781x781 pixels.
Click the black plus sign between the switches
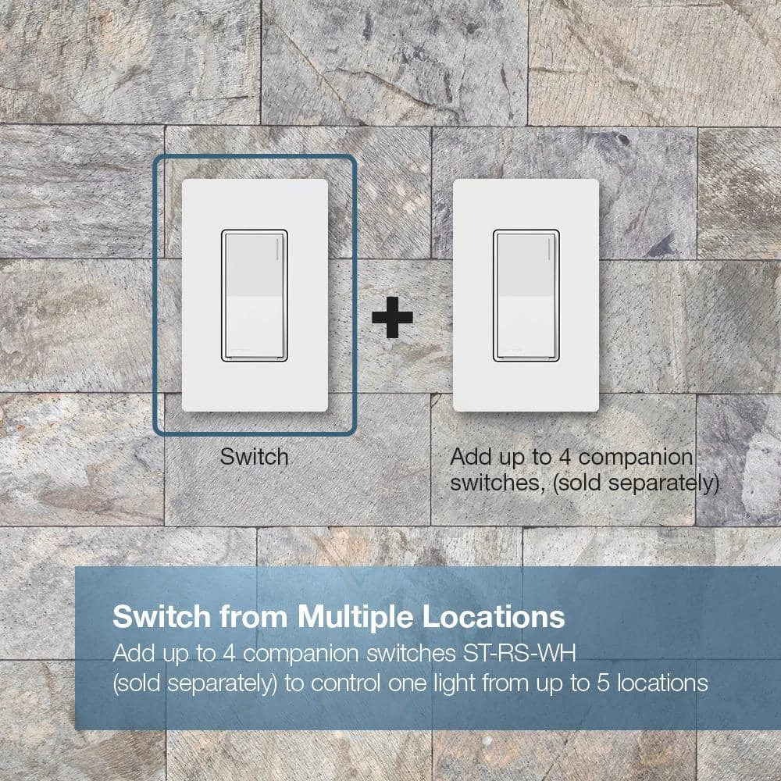click(393, 317)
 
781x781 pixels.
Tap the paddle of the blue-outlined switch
click(255, 295)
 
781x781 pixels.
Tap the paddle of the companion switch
click(526, 295)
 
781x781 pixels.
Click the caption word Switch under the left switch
click(254, 457)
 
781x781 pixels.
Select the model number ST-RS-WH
click(519, 653)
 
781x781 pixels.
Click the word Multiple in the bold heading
click(355, 617)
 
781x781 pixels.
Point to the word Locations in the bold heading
click(494, 617)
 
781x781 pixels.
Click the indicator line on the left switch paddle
click(277, 248)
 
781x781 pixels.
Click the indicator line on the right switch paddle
click(549, 248)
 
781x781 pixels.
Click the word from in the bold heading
click(254, 617)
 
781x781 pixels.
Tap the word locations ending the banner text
click(662, 683)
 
